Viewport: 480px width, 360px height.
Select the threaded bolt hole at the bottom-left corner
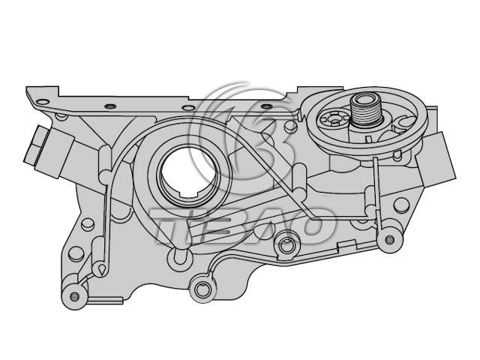(x=74, y=296)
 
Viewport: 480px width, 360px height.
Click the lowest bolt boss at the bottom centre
(x=201, y=288)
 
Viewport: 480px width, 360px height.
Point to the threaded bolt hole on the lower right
(x=389, y=239)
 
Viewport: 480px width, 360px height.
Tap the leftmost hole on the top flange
(x=42, y=102)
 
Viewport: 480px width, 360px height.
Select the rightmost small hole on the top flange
(x=266, y=106)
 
